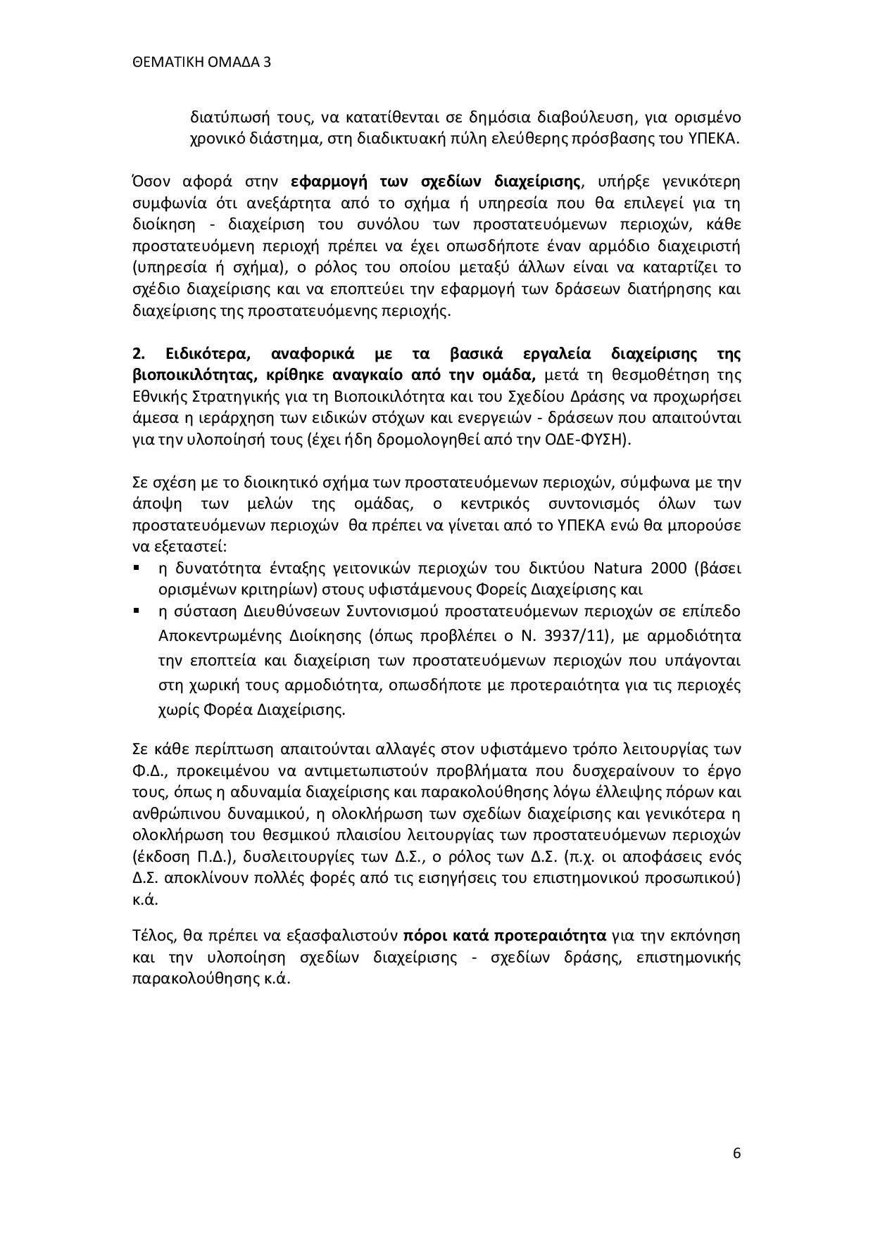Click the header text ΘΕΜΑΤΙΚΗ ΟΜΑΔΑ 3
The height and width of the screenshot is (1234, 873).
click(x=201, y=63)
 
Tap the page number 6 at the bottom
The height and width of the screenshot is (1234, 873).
click(x=736, y=1153)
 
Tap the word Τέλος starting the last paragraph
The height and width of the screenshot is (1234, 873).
click(x=153, y=936)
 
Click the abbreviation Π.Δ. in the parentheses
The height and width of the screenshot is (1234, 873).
click(x=209, y=857)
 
